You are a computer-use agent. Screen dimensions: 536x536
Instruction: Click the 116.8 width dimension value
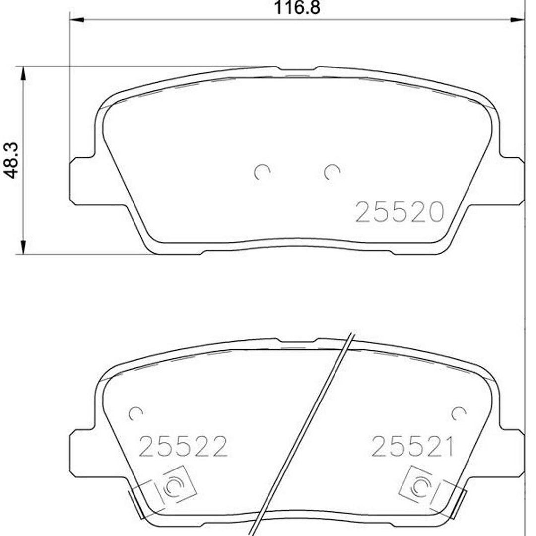pos(297,8)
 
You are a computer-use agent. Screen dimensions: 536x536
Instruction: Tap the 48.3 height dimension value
pos(11,160)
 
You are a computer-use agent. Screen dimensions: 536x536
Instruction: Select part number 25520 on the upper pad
pos(400,212)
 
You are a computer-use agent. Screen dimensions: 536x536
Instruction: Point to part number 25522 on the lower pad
pos(183,446)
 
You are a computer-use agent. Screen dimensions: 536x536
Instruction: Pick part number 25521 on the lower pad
pos(412,446)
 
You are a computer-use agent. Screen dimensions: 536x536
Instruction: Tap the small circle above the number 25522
pos(135,414)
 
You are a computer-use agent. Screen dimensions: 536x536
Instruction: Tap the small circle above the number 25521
pos(459,414)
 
